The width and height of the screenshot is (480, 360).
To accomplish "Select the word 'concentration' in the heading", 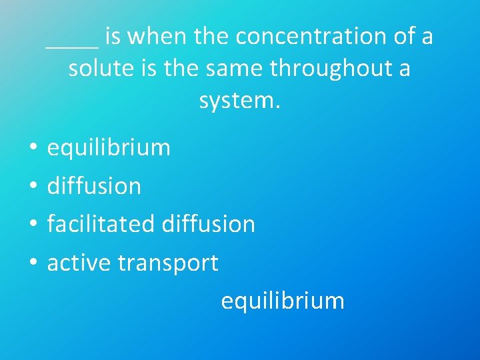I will pos(313,37).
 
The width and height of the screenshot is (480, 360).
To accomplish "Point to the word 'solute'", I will pos(103,69).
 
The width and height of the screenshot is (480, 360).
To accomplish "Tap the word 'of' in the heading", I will pos(405,37).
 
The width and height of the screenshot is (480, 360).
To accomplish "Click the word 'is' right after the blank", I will pos(112,37).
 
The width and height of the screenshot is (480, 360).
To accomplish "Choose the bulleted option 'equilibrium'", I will pos(109,147).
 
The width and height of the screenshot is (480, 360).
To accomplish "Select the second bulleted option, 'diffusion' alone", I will pos(94,186).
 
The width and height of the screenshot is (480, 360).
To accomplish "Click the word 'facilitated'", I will pos(101,224).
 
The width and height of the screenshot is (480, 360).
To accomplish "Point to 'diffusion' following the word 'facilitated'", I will pos(208,224).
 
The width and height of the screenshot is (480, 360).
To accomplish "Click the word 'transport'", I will pos(167,263).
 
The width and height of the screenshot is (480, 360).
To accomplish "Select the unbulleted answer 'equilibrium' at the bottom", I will pos(283,301).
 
